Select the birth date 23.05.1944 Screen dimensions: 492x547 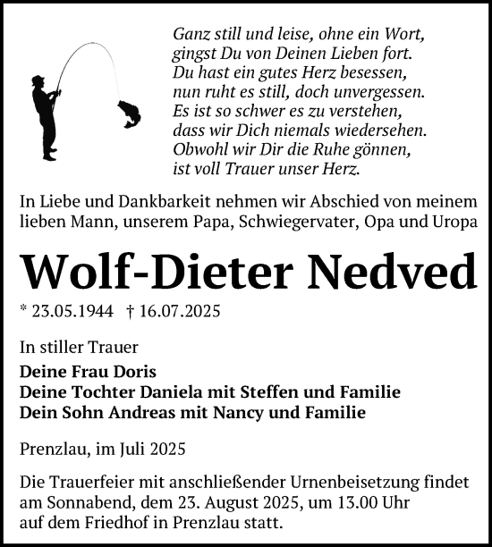point(66,312)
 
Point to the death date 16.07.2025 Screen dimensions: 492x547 point(166,312)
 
